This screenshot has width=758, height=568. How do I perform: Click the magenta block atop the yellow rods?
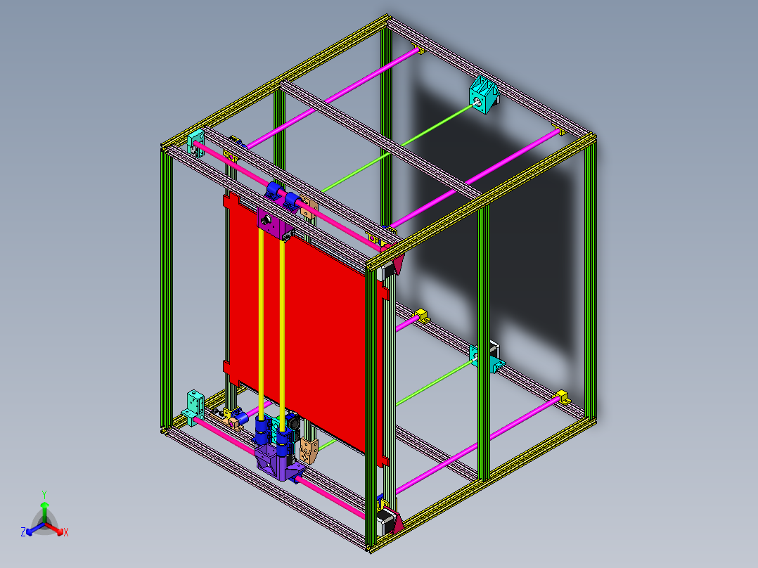(x=271, y=224)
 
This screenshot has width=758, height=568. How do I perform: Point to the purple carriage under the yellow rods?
(x=274, y=460)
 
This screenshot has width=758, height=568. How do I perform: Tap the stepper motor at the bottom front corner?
(x=385, y=520)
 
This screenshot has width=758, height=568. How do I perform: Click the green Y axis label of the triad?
(x=44, y=493)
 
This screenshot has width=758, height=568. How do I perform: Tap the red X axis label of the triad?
(x=66, y=532)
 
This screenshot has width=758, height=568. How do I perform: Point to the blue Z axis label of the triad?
(x=23, y=532)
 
